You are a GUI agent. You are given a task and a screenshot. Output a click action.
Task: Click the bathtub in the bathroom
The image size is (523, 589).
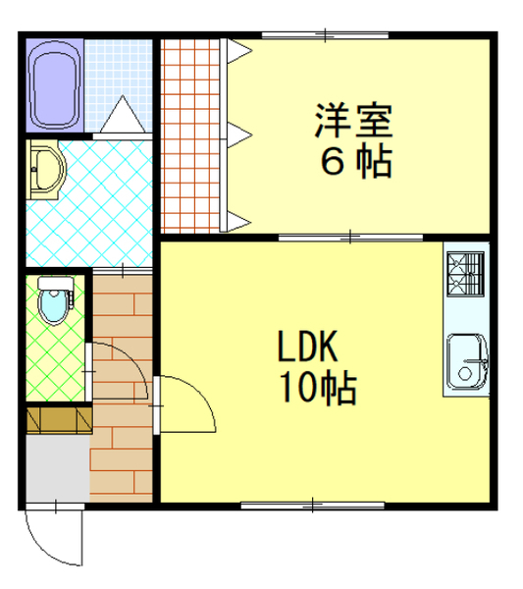coord(55,85)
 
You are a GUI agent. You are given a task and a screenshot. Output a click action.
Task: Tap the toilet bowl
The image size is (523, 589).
coord(54,306)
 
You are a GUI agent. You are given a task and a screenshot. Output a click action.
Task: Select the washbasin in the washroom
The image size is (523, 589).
coord(46,170)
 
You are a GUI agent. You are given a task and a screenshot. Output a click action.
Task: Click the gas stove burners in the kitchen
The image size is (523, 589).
coord(465,274)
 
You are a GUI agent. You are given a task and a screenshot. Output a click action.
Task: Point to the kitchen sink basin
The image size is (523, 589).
coord(467,361)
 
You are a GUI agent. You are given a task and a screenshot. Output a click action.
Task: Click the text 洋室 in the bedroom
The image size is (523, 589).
coord(353,121)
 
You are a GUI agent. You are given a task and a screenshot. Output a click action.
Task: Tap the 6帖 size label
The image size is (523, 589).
coord(356,162)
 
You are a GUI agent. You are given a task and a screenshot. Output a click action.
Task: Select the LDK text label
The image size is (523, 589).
coord(307,347)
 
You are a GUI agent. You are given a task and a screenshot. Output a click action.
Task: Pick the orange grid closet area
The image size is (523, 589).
coord(190,136)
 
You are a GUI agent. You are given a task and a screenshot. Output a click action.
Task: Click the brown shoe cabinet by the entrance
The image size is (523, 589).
coord(59,420)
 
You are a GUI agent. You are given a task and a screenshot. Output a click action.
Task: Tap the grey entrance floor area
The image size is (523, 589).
coord(58,467)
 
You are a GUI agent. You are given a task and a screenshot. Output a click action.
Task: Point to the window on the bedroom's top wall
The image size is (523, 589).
coord(325,35)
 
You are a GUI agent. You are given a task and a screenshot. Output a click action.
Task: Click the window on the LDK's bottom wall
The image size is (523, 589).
coord(312,506)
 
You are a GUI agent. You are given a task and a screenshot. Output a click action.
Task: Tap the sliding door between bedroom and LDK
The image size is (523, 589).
coord(350,238)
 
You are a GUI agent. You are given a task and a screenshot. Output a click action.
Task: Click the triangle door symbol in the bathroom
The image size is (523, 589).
coord(123,114)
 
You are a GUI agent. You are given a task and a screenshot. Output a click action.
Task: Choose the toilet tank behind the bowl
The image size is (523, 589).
coord(56,284)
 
